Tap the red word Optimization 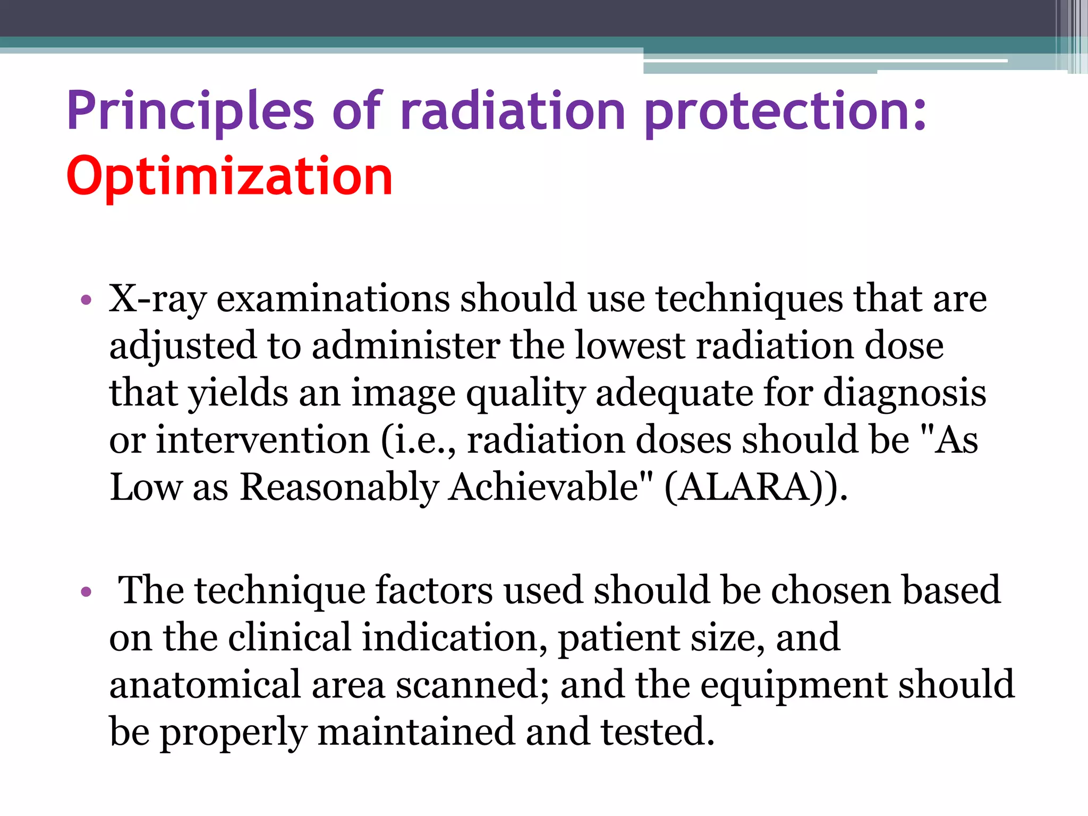229,176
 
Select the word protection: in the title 786,112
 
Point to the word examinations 333,299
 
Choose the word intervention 262,440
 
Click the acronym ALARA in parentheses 744,488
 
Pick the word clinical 290,637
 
